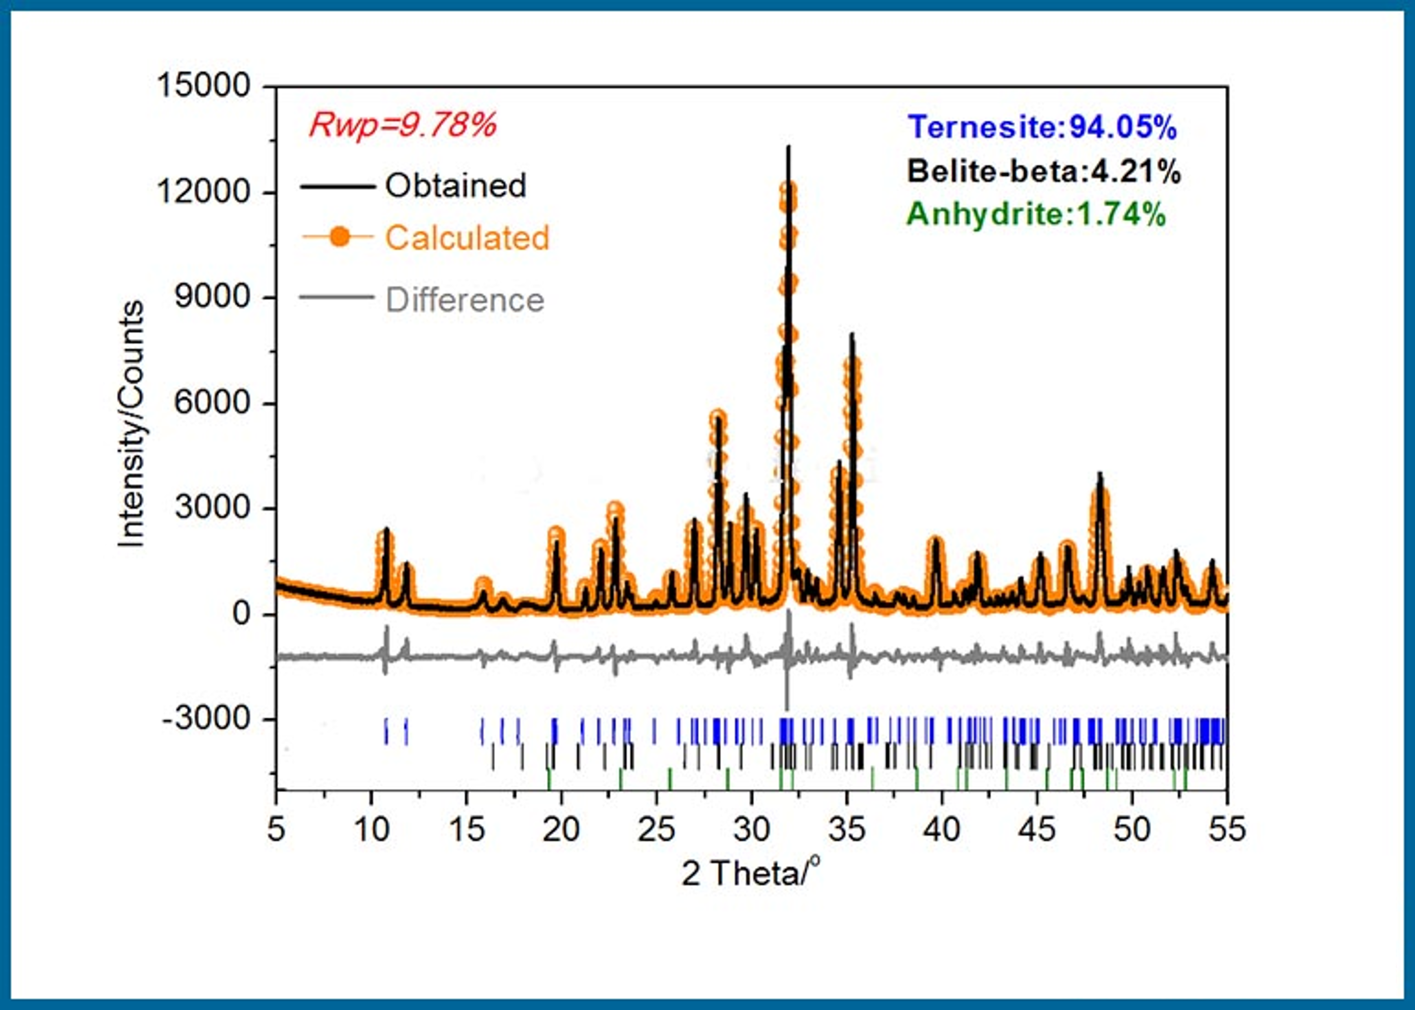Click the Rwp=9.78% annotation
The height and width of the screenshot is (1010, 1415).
(x=403, y=125)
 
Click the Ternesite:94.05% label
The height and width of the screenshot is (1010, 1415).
(x=1042, y=127)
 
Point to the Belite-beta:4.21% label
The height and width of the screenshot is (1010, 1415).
(x=1043, y=171)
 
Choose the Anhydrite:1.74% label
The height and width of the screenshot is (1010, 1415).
(x=1036, y=215)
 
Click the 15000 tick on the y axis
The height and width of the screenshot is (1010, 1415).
(x=203, y=85)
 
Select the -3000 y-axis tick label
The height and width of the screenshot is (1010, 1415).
(x=206, y=719)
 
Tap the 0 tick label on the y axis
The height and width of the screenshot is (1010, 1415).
(x=241, y=614)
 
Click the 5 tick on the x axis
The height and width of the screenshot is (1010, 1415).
(x=276, y=829)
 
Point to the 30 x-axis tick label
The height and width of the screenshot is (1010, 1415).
(x=752, y=829)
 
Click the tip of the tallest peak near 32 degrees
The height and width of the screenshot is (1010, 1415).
(x=789, y=147)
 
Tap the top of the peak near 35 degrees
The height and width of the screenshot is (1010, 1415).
(x=852, y=334)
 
